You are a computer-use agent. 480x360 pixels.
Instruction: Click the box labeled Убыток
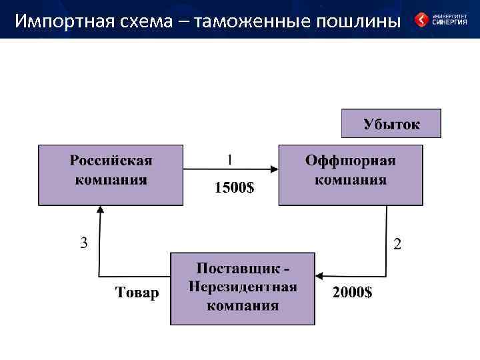(391, 123)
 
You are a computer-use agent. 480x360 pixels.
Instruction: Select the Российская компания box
(111, 175)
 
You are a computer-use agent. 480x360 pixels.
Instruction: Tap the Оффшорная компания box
(351, 175)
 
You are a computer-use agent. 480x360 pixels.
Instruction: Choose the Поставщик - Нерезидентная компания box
(243, 288)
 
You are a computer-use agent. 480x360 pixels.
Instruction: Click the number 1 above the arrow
(230, 160)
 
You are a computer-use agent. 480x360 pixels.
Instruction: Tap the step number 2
(397, 244)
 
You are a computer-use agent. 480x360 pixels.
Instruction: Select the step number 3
(84, 243)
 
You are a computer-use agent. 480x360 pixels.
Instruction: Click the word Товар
(137, 293)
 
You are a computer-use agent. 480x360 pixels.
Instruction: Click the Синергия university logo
(441, 19)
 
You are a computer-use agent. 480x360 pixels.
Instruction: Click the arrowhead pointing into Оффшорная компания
(274, 169)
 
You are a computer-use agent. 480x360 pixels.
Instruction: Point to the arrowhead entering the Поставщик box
(319, 275)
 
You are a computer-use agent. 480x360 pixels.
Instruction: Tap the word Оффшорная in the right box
(351, 161)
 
